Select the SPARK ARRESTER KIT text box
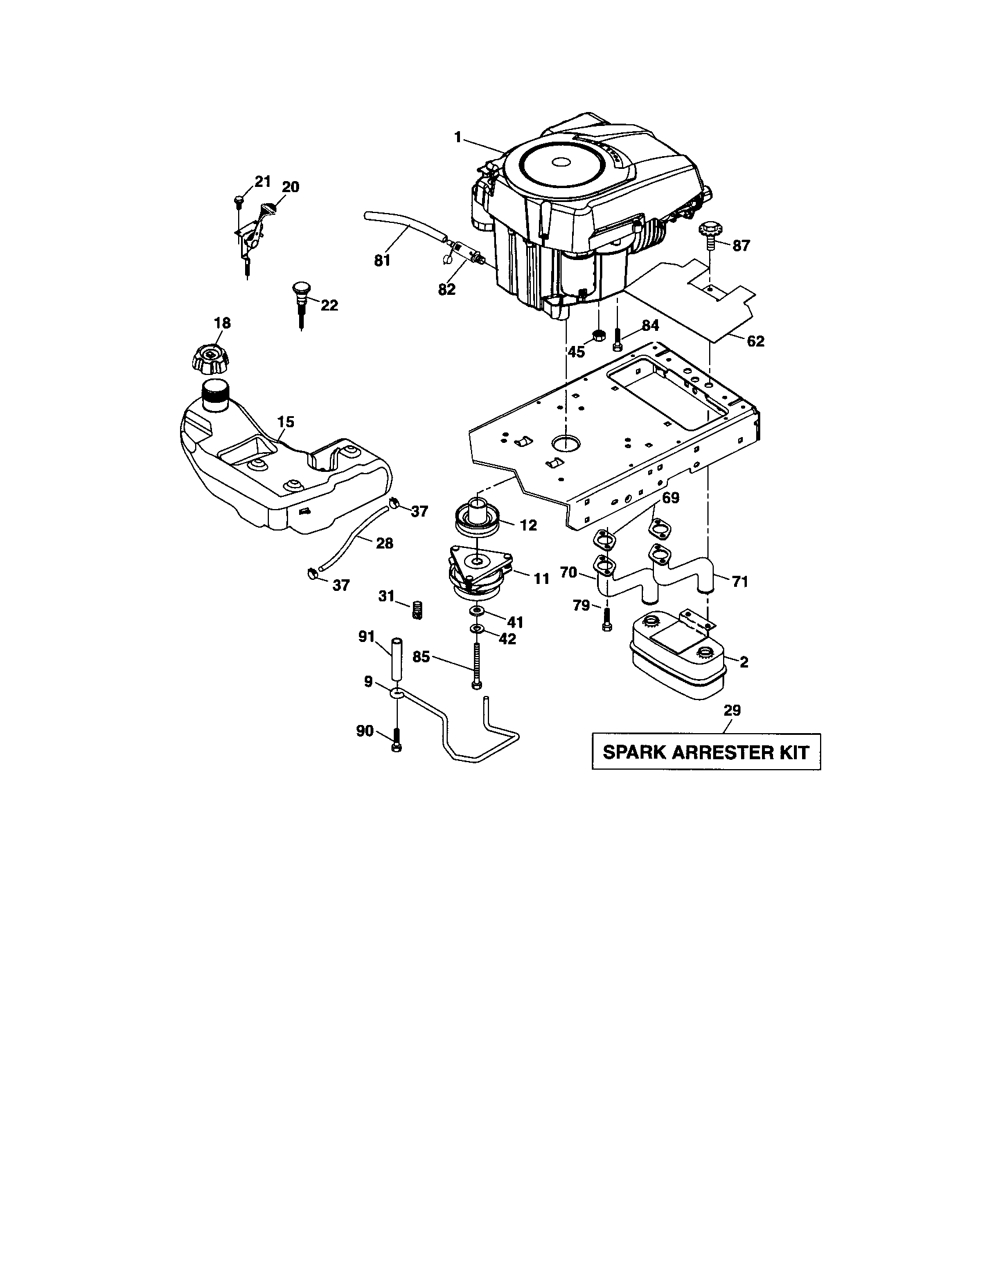(706, 752)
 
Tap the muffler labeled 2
(676, 659)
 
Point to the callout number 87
(740, 246)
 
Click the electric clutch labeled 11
(478, 573)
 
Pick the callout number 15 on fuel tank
(285, 421)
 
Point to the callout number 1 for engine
(458, 137)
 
